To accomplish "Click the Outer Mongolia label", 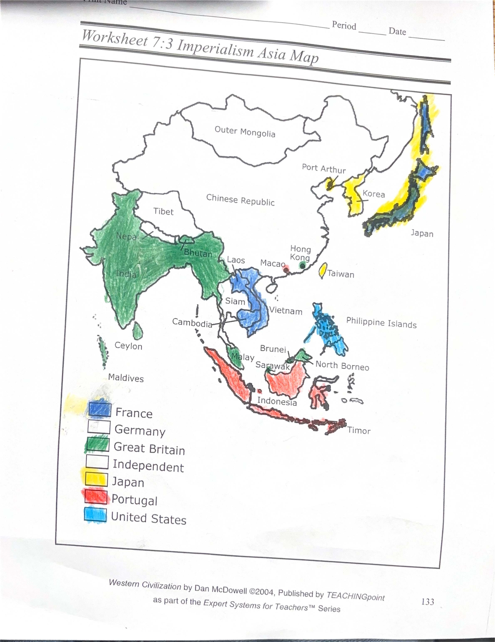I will (245, 132).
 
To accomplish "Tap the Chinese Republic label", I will (240, 200).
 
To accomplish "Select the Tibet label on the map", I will (163, 211).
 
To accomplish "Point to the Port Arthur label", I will (324, 169).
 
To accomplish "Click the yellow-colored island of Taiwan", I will (322, 270).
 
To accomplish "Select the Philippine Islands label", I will (381, 322).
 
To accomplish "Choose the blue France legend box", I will (99, 409).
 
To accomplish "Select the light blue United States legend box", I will (95, 515).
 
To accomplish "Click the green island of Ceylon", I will (138, 330).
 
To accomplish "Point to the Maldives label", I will (126, 378).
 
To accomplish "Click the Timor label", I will (358, 431).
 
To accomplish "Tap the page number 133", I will (427, 602).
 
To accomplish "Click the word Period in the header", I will (344, 26).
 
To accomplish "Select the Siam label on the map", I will (235, 301).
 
